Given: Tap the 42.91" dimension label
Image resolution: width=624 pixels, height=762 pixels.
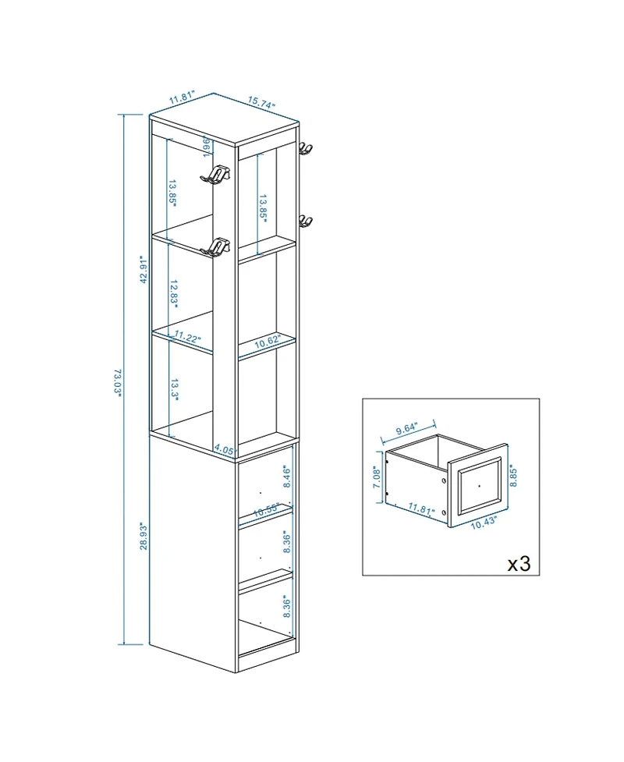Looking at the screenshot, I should [143, 270].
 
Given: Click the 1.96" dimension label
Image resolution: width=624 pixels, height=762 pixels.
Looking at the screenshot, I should [205, 145].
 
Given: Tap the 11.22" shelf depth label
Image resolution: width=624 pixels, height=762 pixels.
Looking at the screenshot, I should [188, 338].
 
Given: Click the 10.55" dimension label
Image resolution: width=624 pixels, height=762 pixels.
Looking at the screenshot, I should [267, 509].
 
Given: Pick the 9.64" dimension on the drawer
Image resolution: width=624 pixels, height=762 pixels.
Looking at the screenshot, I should [406, 428].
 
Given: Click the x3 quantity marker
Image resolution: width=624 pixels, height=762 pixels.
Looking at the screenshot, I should [519, 563].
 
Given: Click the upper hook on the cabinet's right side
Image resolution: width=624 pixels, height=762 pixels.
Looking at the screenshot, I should [306, 149].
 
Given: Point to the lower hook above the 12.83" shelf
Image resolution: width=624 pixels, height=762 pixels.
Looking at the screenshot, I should [216, 247].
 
